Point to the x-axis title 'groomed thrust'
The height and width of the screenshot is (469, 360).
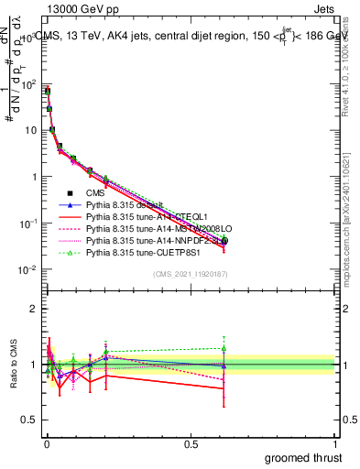304,457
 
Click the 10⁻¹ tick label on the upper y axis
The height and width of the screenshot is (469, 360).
27,223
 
